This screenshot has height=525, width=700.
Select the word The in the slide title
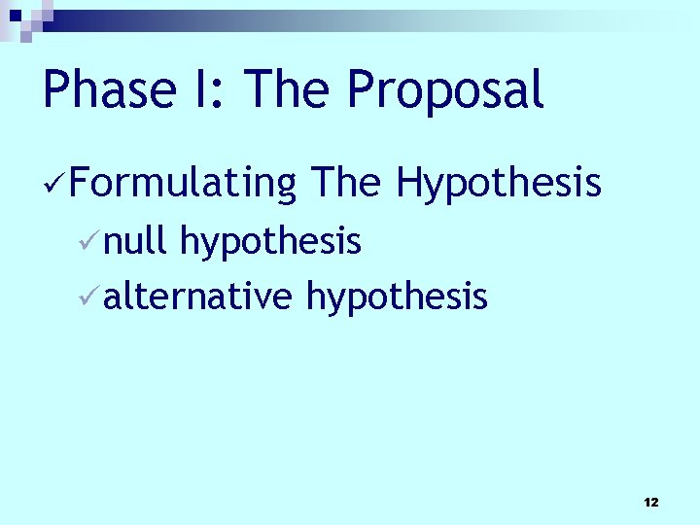pos(286,89)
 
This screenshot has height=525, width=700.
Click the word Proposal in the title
pos(445,91)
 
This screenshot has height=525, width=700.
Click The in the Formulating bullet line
pos(348,182)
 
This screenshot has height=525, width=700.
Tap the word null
pos(135,240)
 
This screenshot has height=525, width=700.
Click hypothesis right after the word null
pos(271,242)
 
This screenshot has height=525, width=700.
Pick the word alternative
pos(197,295)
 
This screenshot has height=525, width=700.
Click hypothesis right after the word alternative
pos(397,297)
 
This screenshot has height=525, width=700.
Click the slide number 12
pos(651,502)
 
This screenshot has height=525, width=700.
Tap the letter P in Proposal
pos(363,89)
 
